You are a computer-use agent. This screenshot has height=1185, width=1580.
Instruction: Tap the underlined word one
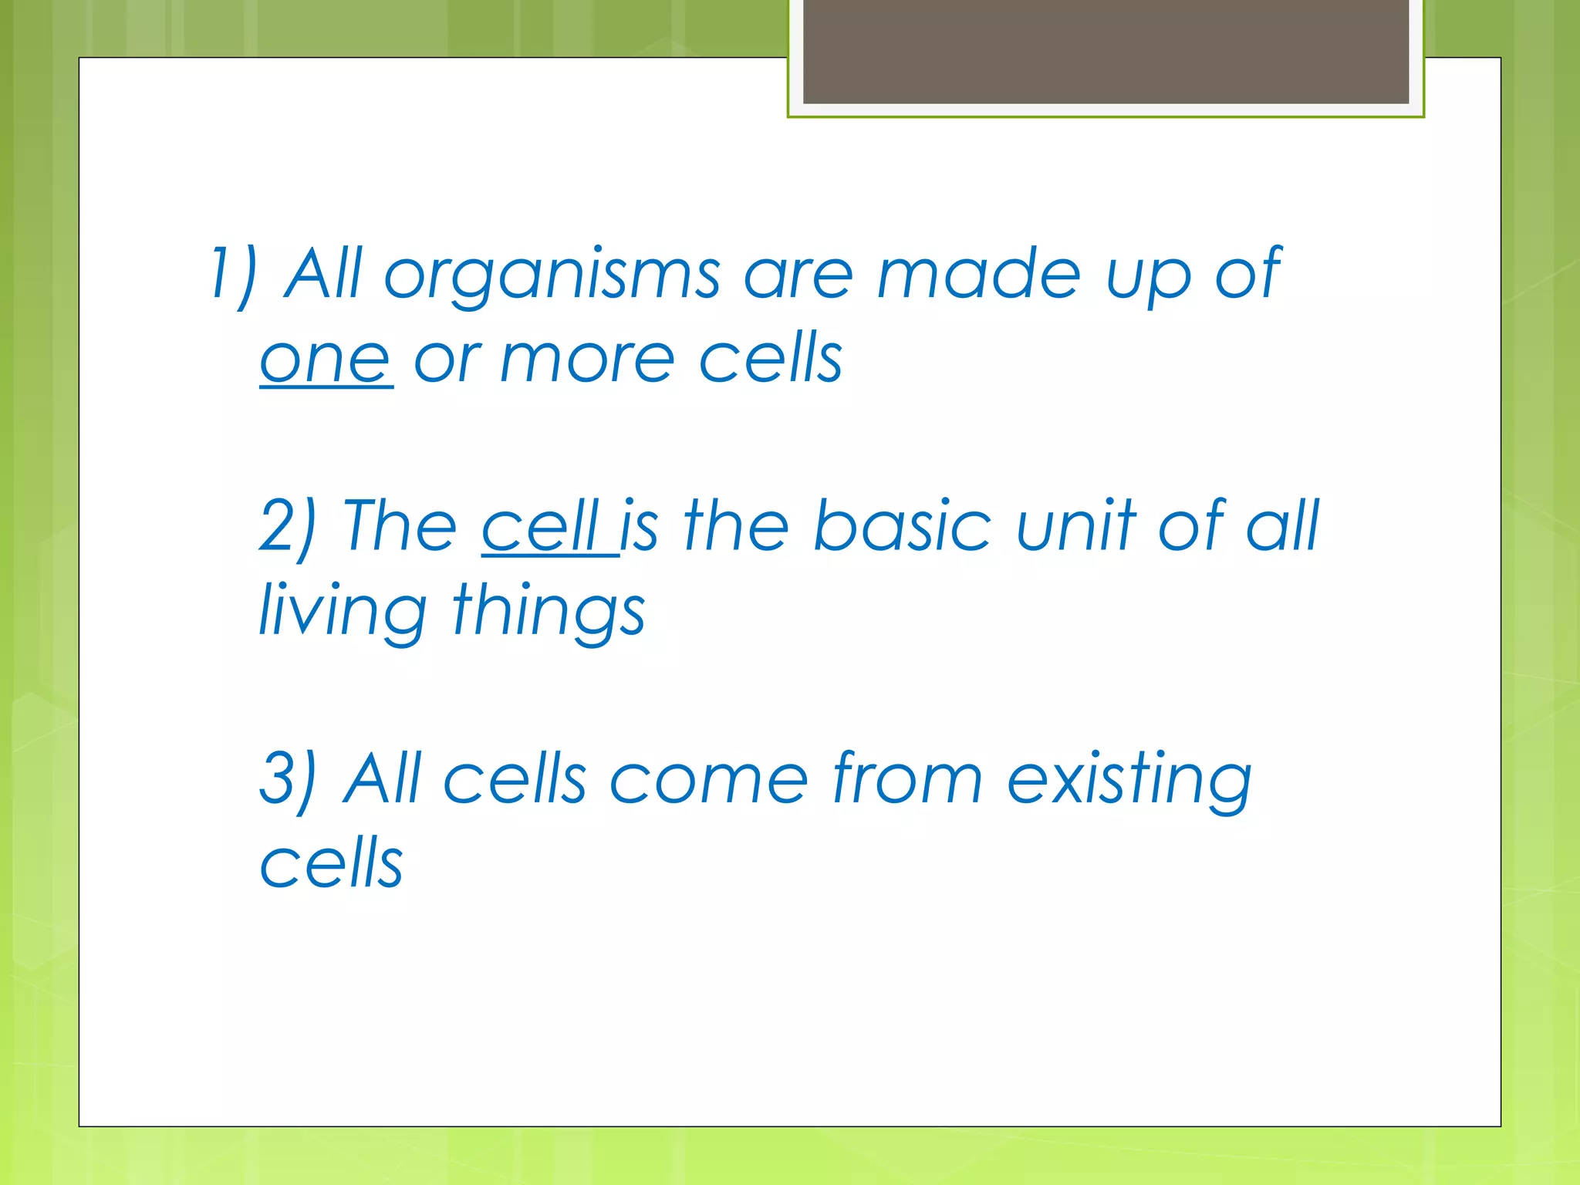[x=325, y=360]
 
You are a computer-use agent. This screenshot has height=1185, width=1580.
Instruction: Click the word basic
[x=902, y=526]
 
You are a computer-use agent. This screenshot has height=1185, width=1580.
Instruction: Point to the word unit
[x=1076, y=526]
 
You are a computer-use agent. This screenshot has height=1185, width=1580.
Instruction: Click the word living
[x=342, y=612]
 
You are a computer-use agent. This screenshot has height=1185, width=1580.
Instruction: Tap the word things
[x=548, y=612]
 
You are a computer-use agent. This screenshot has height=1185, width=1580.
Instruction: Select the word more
[x=587, y=360]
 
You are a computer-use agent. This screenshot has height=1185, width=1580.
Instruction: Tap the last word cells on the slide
[x=331, y=863]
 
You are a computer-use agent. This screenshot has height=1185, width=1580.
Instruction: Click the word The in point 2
[x=400, y=526]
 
